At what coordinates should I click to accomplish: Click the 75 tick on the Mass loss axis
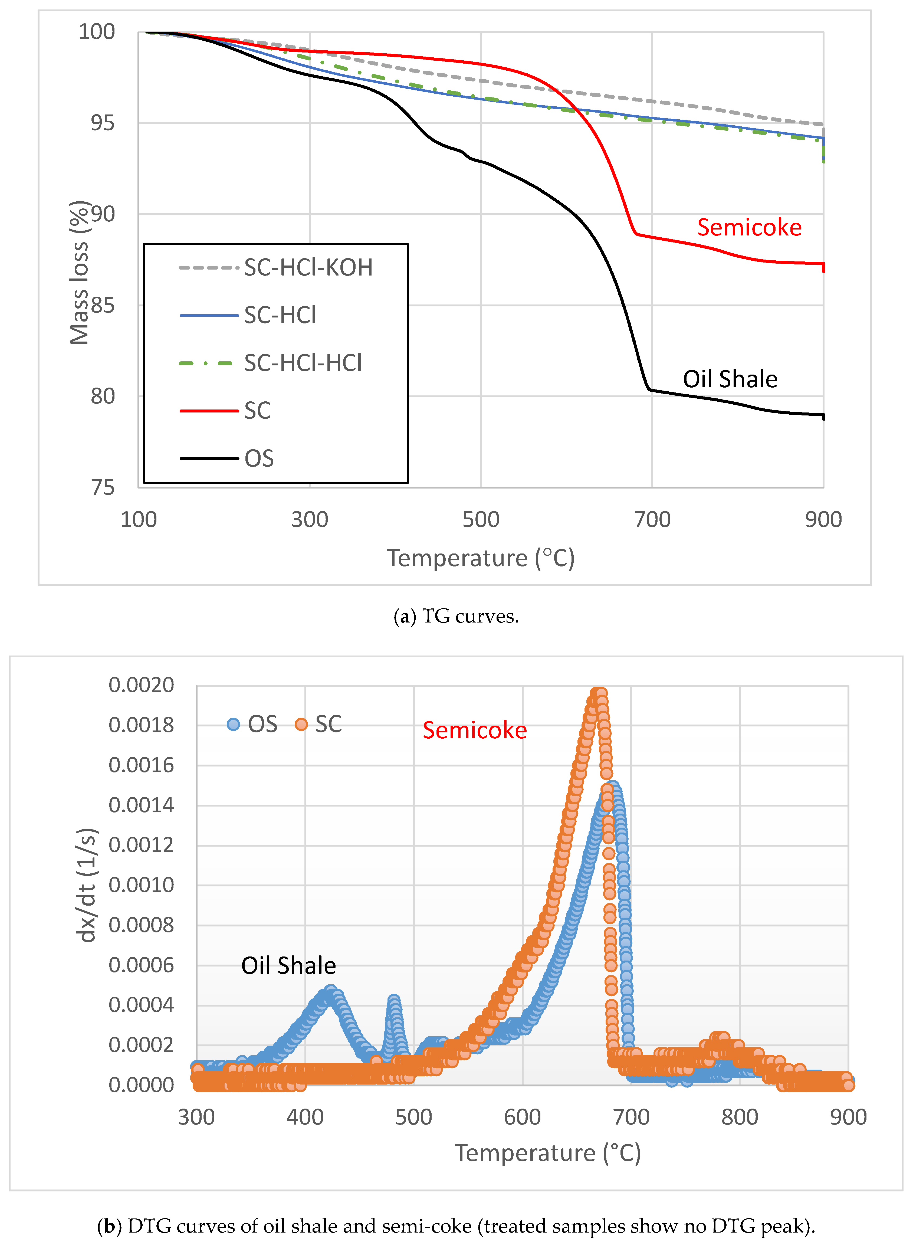(103, 488)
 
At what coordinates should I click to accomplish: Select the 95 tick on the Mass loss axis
(103, 123)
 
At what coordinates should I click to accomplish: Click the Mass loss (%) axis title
(79, 273)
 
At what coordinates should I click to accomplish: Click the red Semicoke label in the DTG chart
(475, 730)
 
